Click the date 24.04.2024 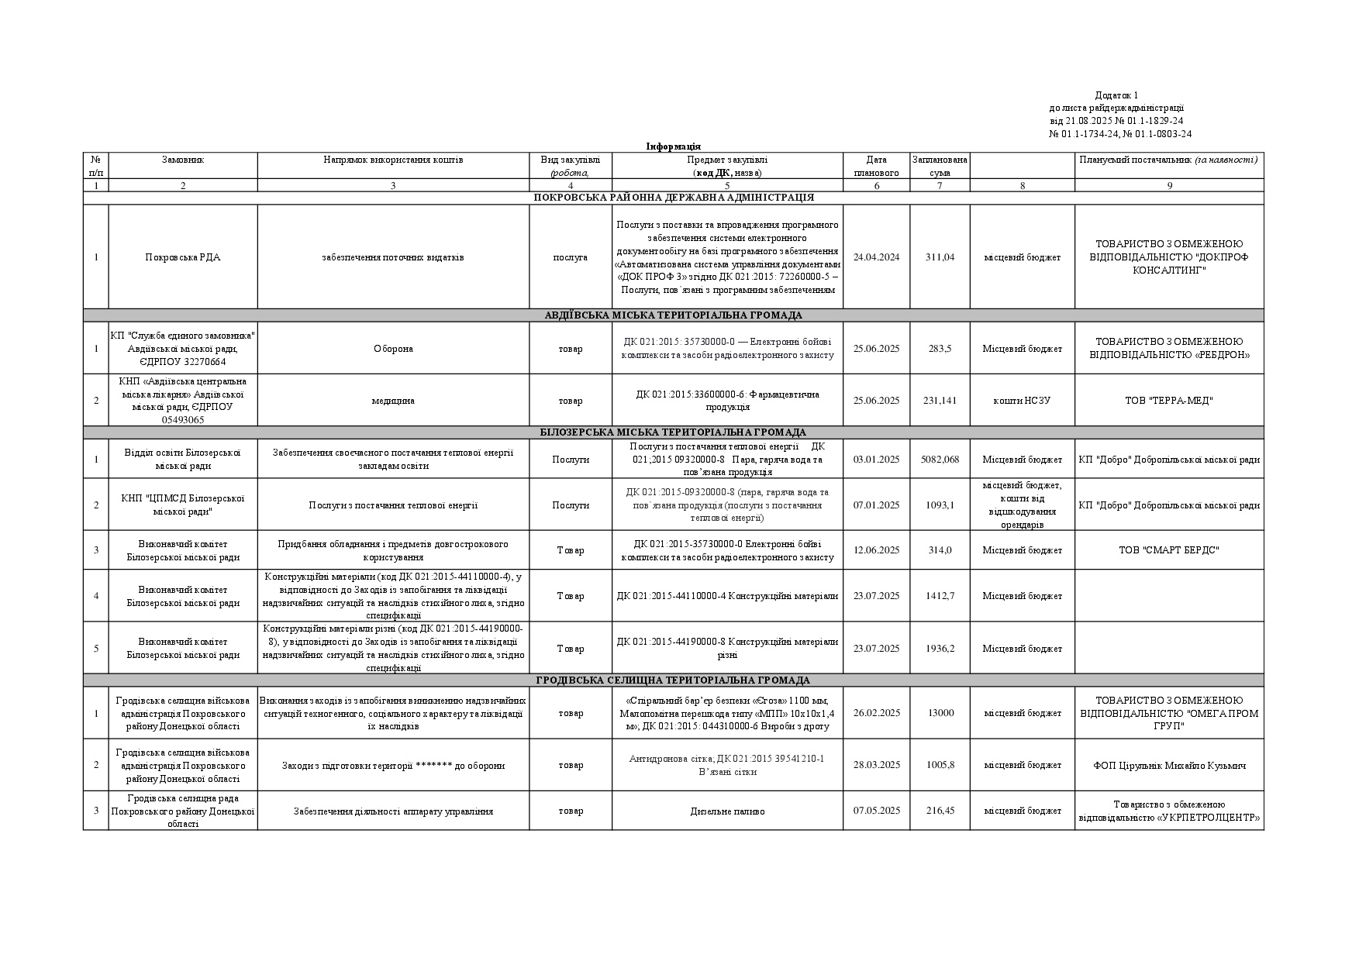(x=876, y=257)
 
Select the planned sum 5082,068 (x=940, y=460)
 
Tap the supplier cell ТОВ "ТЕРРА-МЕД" (x=1168, y=401)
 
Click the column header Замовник (x=183, y=160)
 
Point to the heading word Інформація (x=673, y=146)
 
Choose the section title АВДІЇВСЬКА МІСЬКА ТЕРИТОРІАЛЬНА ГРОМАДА (x=673, y=315)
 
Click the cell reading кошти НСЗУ (x=1022, y=401)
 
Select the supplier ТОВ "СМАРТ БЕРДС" (x=1168, y=550)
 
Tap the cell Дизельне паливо (x=727, y=811)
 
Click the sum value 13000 (x=940, y=713)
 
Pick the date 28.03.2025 (x=876, y=765)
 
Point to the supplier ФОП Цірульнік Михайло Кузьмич (x=1169, y=766)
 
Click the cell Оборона (x=393, y=349)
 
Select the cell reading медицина (x=393, y=401)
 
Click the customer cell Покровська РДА (x=183, y=257)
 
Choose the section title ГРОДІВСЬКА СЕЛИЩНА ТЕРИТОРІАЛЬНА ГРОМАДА (x=673, y=680)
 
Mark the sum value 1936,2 (x=940, y=649)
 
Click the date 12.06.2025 (x=876, y=550)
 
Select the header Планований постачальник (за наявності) (x=1168, y=160)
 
